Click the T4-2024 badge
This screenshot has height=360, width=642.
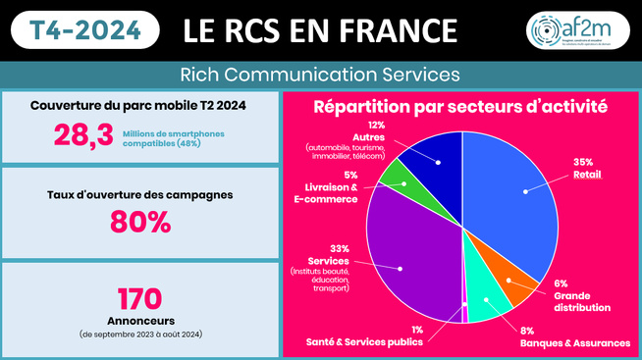(x=85, y=30)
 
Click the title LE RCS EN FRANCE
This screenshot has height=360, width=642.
(x=320, y=30)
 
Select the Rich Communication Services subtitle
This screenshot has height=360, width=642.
(x=320, y=75)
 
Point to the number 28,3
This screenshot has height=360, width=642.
(x=84, y=136)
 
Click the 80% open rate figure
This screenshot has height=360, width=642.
(x=140, y=222)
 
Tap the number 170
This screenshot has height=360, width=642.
(x=140, y=298)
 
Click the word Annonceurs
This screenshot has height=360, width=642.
(x=140, y=320)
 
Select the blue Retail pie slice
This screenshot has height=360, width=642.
(x=510, y=196)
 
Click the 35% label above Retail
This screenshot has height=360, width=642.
(x=583, y=161)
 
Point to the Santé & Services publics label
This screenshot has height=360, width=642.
(x=365, y=342)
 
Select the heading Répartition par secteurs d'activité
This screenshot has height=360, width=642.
(x=459, y=106)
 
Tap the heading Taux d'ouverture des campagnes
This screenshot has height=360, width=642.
(x=140, y=194)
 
